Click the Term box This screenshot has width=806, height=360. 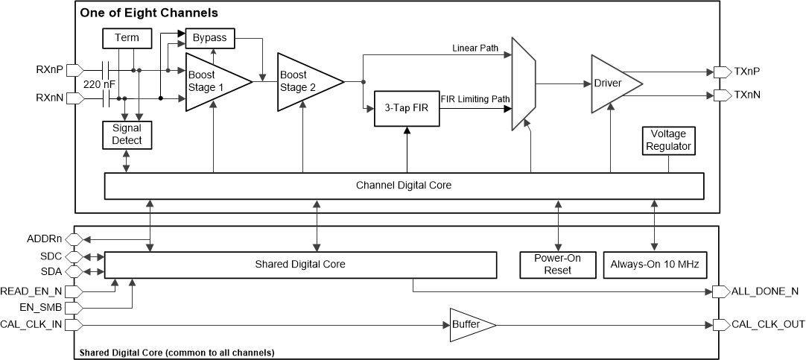tap(127, 38)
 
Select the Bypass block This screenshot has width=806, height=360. tap(210, 37)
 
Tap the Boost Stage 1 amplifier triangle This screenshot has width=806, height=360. tap(212, 81)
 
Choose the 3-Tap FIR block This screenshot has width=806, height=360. tap(406, 109)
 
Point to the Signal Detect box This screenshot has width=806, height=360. tap(127, 134)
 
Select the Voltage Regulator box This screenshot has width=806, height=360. tap(668, 140)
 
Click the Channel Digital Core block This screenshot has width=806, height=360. tap(404, 186)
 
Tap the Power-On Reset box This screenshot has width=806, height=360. tap(557, 264)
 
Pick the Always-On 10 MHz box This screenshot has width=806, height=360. tap(655, 264)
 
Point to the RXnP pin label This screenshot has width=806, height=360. tap(49, 70)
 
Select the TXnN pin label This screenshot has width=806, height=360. tap(747, 95)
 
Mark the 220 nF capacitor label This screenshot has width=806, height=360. tap(98, 83)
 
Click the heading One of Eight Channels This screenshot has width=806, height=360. tap(150, 13)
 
